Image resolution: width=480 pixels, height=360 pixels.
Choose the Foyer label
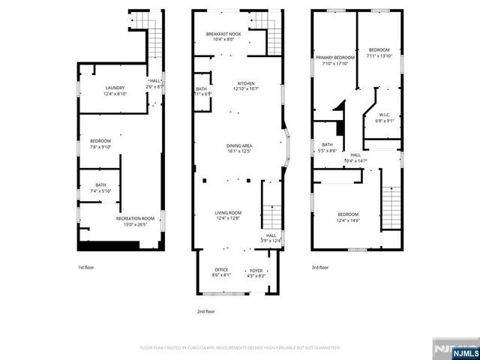click(256, 272)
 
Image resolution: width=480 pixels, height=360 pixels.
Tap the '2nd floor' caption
click(205, 310)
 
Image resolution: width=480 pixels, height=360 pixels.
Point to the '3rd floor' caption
click(321, 268)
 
